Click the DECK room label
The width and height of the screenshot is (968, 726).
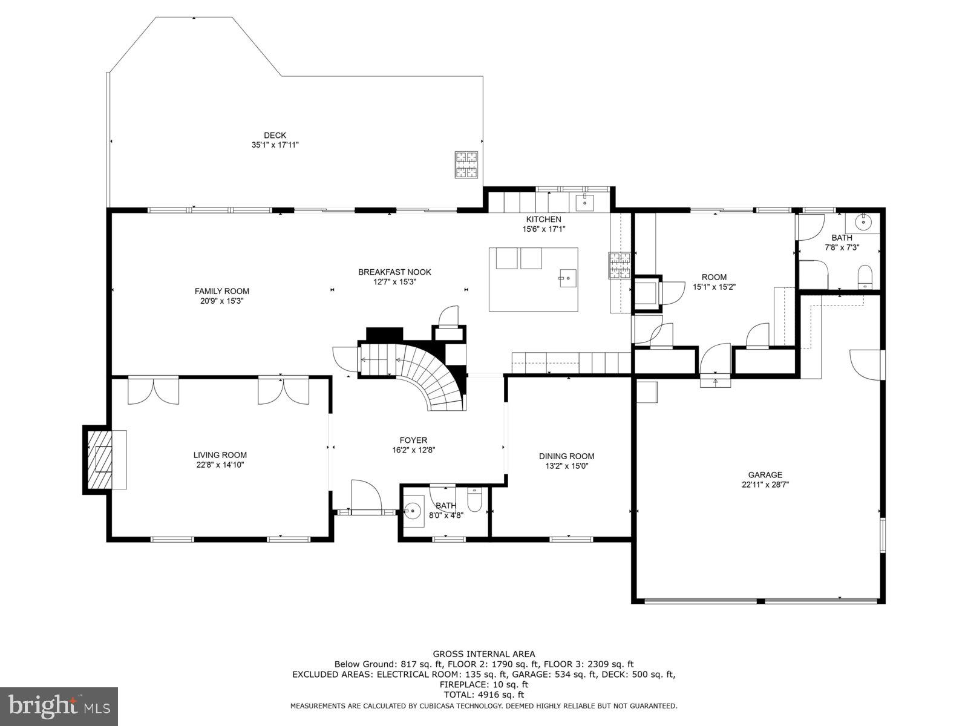[x=275, y=136]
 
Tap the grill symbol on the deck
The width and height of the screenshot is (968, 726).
[x=466, y=165]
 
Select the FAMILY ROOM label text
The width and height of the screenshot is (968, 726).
[x=221, y=291]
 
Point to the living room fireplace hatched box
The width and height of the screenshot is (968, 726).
[x=100, y=459]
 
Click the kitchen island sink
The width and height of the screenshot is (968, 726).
[x=567, y=278]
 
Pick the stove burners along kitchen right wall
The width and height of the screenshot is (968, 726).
[x=620, y=265]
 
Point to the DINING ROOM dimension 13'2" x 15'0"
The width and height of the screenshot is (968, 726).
[x=566, y=466]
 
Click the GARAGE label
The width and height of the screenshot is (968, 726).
[x=765, y=475]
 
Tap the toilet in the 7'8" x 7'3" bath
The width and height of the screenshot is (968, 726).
[x=866, y=277]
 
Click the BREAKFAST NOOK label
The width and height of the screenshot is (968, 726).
[x=394, y=272]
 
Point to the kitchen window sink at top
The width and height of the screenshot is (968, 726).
[x=584, y=201]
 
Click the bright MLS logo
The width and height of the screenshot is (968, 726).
[x=59, y=706]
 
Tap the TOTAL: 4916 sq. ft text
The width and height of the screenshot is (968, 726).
[x=483, y=695]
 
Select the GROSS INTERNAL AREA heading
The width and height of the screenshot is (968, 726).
[x=483, y=654]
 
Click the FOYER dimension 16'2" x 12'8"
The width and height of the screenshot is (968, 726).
[x=413, y=450]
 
